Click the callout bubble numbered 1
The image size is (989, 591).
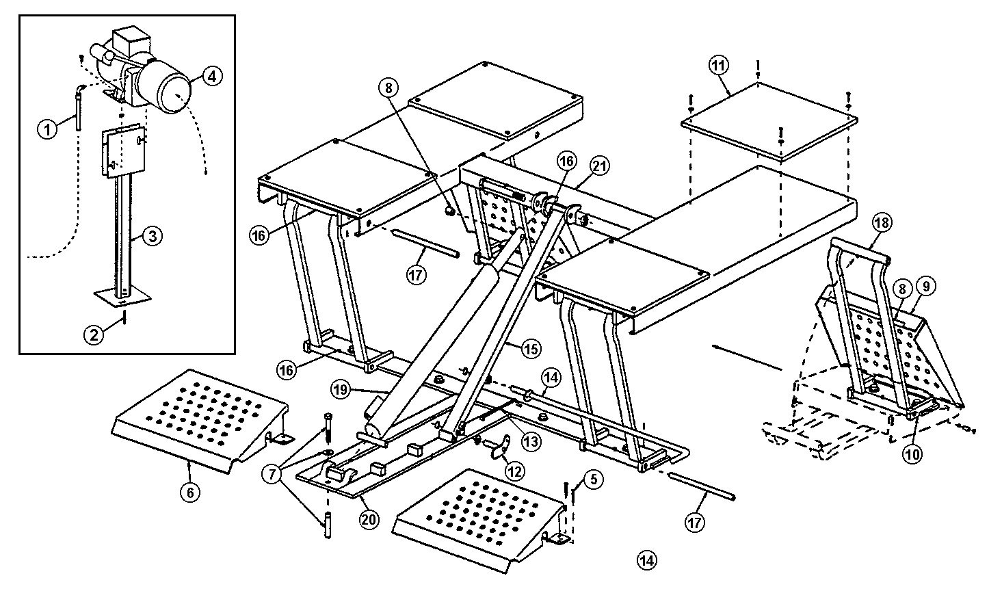pos(47,130)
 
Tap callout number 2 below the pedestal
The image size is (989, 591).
pos(94,334)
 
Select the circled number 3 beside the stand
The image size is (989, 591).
pos(153,236)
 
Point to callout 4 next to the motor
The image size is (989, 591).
pos(212,77)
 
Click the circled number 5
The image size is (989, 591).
pos(594,479)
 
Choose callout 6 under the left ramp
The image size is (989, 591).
pos(190,492)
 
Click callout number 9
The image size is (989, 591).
pos(926,286)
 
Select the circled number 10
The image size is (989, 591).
pos(912,454)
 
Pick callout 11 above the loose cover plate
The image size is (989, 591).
pos(718,66)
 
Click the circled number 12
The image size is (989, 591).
pos(514,472)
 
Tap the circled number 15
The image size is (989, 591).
pos(530,349)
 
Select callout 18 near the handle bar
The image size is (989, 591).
pos(882,223)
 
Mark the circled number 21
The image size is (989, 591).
pos(600,166)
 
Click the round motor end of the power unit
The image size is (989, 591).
pos(174,96)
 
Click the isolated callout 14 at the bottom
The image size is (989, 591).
pos(646,560)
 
